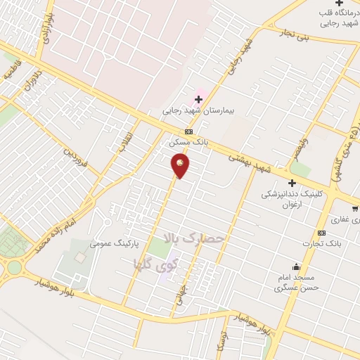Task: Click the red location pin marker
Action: point(181,165)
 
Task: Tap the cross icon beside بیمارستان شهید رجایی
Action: point(199,99)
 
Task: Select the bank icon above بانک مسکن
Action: point(188,131)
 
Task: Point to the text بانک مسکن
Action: point(187,142)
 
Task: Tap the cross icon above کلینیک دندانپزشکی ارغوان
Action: point(292,183)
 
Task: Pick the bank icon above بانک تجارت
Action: point(321,233)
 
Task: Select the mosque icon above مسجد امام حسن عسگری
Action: point(297,267)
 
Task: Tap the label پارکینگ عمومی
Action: point(115,243)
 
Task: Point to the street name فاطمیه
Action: point(15,72)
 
